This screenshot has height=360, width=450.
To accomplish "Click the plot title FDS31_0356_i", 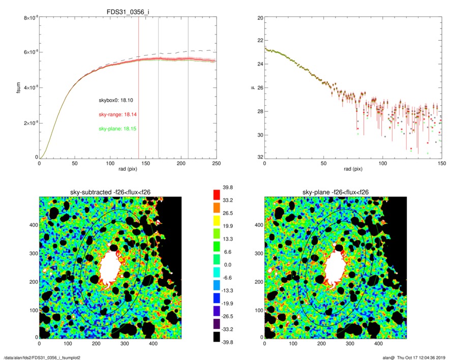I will click(x=128, y=13).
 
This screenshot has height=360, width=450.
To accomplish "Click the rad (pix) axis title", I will click(x=127, y=171).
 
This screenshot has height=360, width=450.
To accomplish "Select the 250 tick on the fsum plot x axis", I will click(x=216, y=164).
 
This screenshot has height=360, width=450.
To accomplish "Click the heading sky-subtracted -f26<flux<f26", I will click(x=110, y=192).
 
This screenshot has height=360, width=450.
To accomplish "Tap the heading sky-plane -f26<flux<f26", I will click(x=336, y=192).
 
